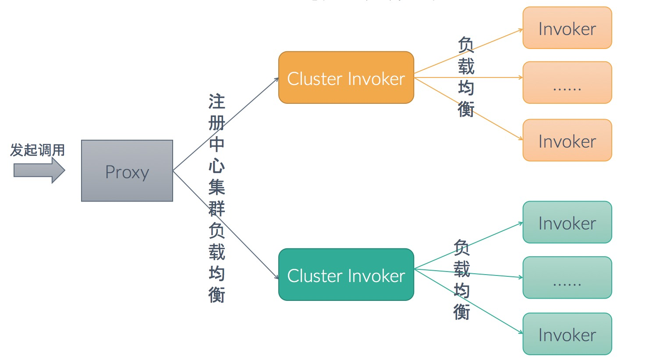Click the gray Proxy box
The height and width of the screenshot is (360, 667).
tap(127, 171)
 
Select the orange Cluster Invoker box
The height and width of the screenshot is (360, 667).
tap(346, 78)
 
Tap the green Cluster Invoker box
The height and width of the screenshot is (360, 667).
tap(346, 275)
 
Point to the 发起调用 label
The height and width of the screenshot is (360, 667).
tap(38, 150)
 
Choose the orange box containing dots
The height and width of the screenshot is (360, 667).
tap(567, 83)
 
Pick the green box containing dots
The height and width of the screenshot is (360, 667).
tap(567, 278)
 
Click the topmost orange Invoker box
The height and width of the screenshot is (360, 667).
tap(567, 28)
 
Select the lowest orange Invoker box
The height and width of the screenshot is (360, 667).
tap(567, 140)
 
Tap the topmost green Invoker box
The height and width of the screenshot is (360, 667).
tap(567, 222)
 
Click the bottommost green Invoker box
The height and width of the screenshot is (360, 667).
tap(567, 334)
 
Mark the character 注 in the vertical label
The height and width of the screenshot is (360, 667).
tap(216, 102)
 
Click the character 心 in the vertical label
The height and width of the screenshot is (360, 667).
tap(216, 166)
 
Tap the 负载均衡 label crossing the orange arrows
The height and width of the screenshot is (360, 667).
tap(466, 77)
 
